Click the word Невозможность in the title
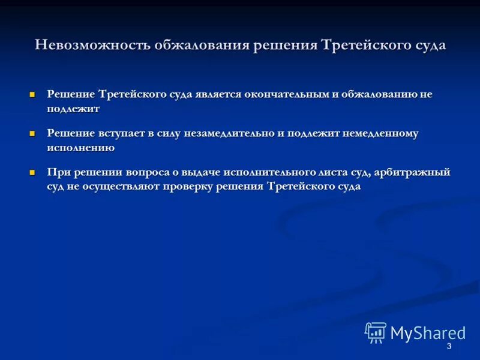pyautogui.click(x=92, y=46)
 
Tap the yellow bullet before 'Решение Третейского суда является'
pyautogui.click(x=33, y=95)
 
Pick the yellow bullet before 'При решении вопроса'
pyautogui.click(x=33, y=172)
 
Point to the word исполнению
pyautogui.click(x=80, y=148)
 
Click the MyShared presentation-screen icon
pyautogui.click(x=376, y=332)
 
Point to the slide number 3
pyautogui.click(x=449, y=347)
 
